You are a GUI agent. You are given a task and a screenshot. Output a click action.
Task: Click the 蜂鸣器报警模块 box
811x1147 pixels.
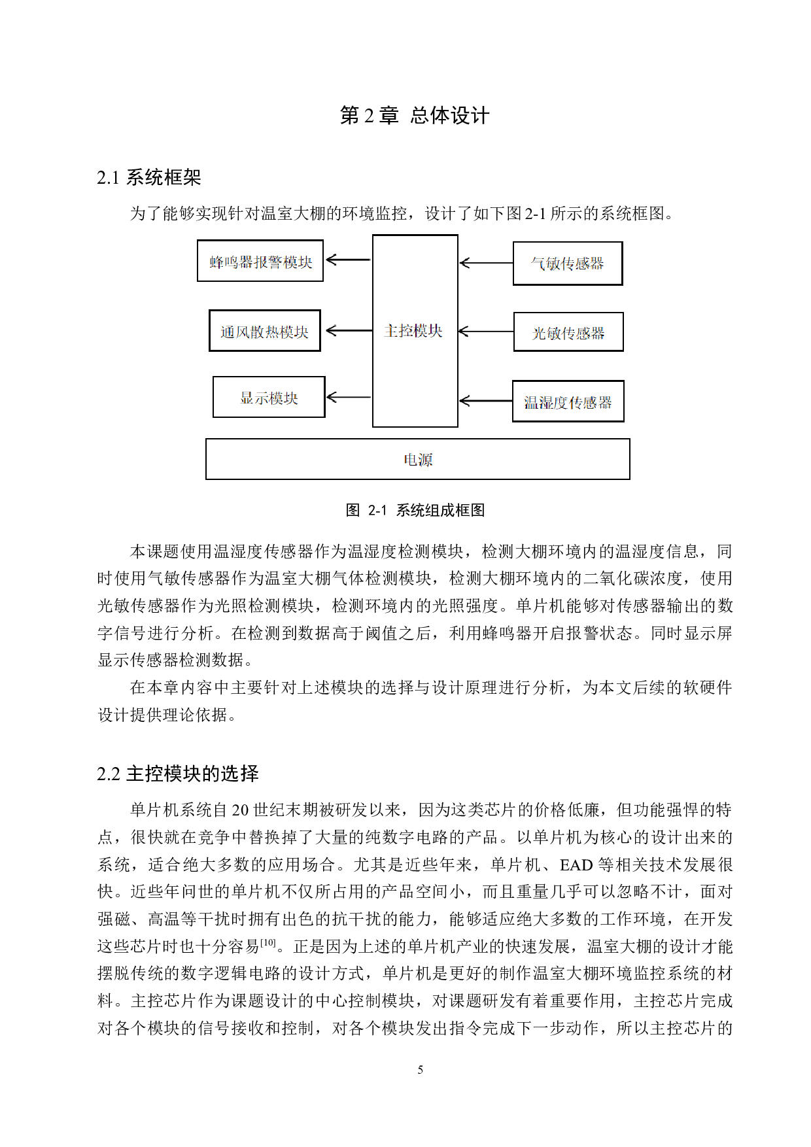click(260, 261)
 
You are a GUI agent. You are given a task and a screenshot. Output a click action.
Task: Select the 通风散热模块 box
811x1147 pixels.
click(264, 331)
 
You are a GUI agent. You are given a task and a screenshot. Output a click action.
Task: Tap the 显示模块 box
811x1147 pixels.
click(269, 397)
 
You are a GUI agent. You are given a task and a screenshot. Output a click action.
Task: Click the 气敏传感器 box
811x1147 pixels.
click(568, 264)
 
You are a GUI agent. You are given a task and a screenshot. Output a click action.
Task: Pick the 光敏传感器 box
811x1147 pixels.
click(568, 332)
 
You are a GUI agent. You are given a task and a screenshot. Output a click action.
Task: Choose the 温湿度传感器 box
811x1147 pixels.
click(568, 402)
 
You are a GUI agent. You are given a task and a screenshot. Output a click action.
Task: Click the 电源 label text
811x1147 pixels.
click(418, 460)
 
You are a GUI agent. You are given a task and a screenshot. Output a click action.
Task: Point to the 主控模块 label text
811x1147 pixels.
click(413, 331)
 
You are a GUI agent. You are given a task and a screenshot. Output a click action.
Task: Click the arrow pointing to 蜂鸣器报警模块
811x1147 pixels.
click(349, 260)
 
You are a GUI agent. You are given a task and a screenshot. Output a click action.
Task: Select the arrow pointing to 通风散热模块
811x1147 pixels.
click(349, 330)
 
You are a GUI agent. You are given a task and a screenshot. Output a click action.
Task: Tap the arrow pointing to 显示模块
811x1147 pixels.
click(349, 397)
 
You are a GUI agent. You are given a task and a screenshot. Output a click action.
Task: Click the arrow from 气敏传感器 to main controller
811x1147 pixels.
click(487, 263)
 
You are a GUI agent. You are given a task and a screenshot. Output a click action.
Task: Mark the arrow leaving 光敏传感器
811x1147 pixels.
click(487, 332)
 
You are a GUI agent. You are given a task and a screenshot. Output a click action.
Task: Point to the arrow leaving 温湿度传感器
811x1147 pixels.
click(486, 401)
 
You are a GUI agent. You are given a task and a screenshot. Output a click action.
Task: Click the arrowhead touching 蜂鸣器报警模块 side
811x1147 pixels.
click(330, 260)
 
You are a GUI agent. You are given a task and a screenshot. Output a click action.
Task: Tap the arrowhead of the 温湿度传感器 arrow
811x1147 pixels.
click(464, 401)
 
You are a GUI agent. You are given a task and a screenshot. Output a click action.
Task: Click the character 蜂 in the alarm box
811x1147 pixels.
click(216, 262)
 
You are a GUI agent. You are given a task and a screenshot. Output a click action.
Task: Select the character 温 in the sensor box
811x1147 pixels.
click(530, 403)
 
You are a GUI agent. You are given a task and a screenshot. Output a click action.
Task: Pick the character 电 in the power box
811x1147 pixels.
click(411, 460)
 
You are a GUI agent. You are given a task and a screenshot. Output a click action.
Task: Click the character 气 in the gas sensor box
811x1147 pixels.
click(538, 264)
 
